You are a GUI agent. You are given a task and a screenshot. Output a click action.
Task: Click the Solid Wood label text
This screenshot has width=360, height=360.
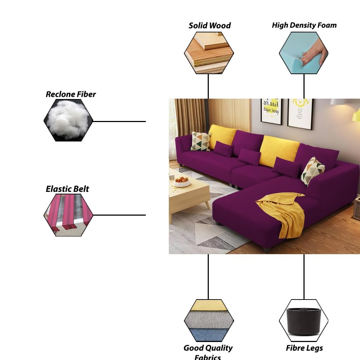click(210, 26)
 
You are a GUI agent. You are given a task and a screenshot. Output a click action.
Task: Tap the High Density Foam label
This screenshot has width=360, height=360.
click(304, 25)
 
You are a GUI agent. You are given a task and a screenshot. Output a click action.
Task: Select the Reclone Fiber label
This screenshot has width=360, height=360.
click(71, 94)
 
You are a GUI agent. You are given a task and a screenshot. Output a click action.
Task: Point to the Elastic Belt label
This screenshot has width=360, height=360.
click(67, 189)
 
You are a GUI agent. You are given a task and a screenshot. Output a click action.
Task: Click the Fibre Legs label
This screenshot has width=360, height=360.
click(304, 348)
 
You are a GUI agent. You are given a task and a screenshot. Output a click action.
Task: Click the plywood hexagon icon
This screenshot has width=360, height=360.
click(209, 53)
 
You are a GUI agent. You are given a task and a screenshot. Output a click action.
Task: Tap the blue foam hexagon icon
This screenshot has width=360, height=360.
click(304, 53)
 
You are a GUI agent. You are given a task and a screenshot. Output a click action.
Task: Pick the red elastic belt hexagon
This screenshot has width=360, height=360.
click(68, 215)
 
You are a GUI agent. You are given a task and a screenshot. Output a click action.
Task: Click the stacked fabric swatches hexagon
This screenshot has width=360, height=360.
click(209, 320)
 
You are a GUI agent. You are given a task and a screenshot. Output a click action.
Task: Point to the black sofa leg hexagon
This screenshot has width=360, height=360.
click(304, 320)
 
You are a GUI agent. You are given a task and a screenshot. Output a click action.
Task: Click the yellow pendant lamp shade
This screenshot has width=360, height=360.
click(356, 116)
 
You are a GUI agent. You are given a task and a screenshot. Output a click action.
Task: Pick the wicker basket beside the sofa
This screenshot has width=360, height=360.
click(356, 209)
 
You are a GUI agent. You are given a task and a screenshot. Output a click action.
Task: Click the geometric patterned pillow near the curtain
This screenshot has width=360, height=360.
click(201, 141)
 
